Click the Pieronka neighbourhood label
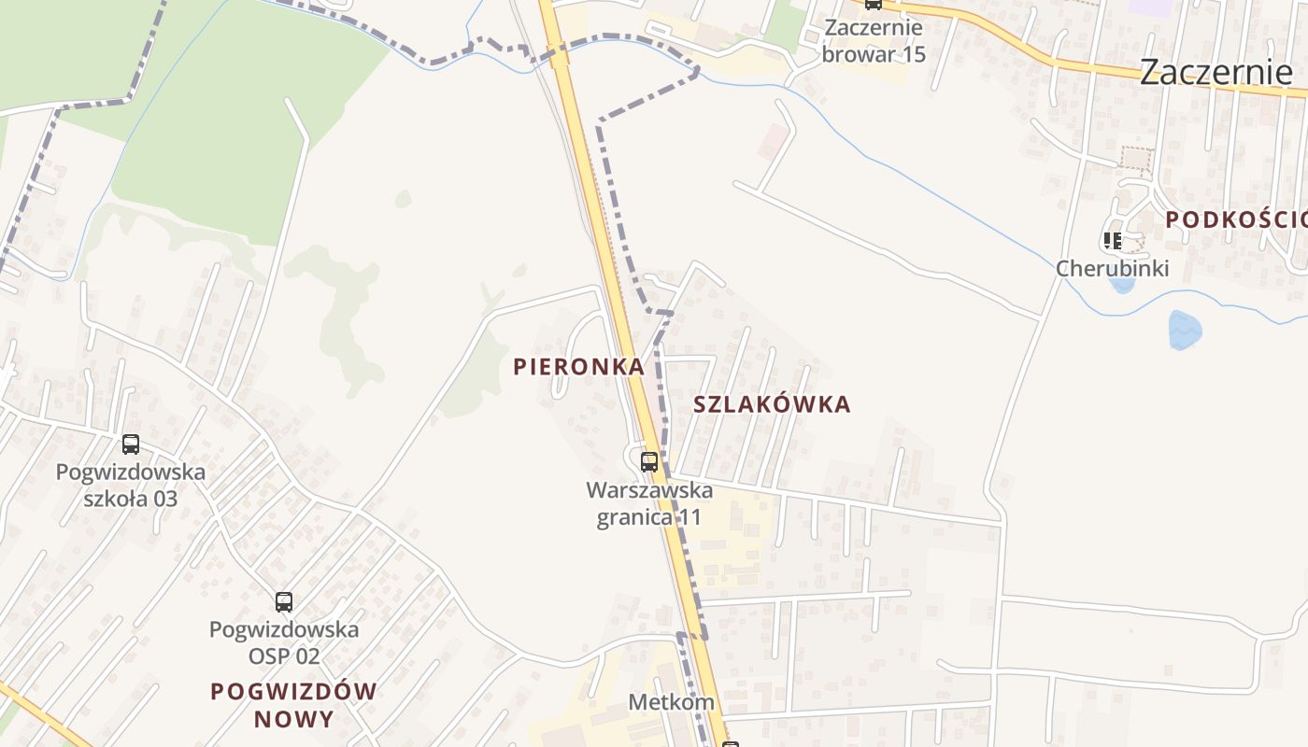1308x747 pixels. [579, 367]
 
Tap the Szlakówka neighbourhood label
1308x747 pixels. [772, 404]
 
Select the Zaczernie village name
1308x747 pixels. [1215, 71]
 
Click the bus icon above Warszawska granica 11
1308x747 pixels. [649, 461]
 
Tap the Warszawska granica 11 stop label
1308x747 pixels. [649, 503]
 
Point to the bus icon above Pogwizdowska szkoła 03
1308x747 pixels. [131, 444]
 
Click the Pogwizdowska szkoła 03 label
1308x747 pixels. [131, 485]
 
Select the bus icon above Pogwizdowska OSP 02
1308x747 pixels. [284, 602]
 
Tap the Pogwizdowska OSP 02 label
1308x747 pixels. [284, 642]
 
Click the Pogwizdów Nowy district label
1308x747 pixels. [293, 705]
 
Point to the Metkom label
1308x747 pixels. [671, 701]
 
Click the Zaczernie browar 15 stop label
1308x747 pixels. [874, 41]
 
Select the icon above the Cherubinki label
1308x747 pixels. [1112, 241]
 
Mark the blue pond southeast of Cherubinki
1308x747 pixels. [1184, 330]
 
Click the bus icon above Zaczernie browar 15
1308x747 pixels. [873, 4]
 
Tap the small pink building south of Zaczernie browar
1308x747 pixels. [773, 141]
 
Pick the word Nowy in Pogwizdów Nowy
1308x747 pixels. [293, 719]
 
